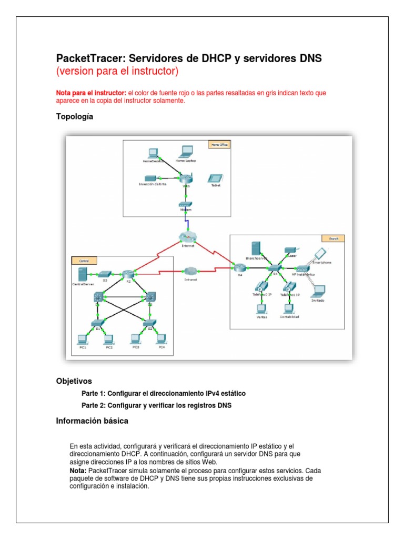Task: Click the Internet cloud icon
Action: tap(187, 237)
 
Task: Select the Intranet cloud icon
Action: tap(191, 271)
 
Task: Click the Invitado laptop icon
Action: tap(318, 291)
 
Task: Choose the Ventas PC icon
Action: tap(259, 309)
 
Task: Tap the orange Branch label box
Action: tap(334, 238)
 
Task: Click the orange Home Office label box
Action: tap(220, 144)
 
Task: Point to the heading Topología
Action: tap(75, 117)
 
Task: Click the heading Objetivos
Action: tap(74, 381)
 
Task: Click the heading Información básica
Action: tap(92, 421)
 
